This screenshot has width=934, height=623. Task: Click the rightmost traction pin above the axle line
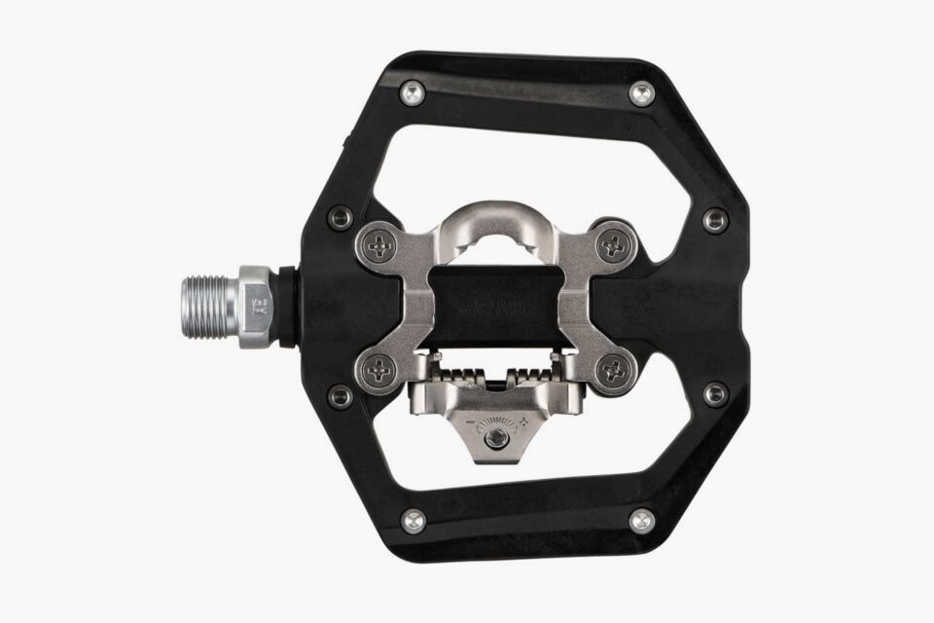(715, 220)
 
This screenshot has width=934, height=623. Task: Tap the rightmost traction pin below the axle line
(715, 393)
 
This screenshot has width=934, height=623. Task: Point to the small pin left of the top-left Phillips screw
(341, 218)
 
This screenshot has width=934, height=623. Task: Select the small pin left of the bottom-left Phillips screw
(341, 395)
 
